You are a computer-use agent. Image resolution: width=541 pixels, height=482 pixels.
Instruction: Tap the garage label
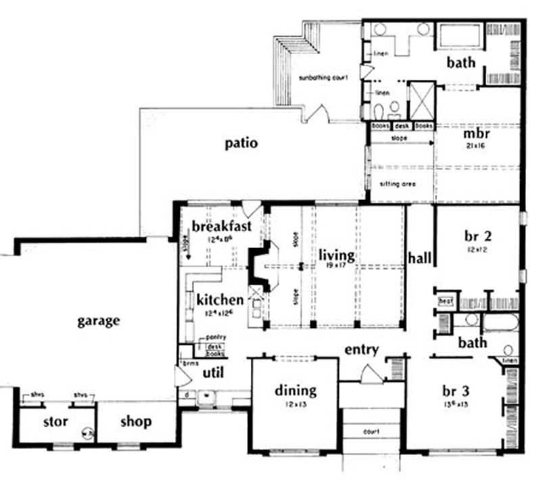tap(98, 320)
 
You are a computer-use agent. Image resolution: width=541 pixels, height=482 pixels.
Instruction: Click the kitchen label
tap(220, 299)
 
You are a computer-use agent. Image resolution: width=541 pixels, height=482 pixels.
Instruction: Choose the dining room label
tap(296, 390)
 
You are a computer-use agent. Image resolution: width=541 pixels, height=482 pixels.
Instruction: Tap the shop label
tap(135, 422)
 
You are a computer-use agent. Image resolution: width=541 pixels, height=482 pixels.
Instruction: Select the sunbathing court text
tap(323, 78)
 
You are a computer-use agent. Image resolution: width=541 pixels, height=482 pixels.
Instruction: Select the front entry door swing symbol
tap(369, 373)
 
